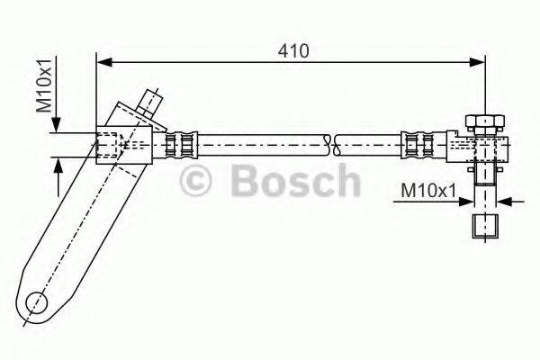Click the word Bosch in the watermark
tap(295, 180)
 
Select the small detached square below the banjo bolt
tap(484, 225)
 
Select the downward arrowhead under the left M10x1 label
tap(57, 126)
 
